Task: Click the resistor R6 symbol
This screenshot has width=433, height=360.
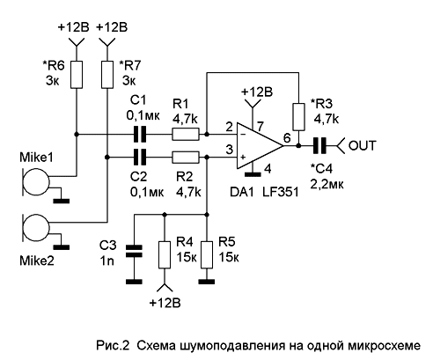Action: pos(77,75)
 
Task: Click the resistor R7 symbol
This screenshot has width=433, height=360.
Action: pos(107,75)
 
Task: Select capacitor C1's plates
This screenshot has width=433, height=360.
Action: pos(140,135)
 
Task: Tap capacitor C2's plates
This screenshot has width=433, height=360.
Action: pos(140,158)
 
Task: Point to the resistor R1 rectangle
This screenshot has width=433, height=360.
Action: pos(186,135)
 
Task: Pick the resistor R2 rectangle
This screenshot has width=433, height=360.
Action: pos(186,158)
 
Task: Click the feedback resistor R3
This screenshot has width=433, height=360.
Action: pos(298,117)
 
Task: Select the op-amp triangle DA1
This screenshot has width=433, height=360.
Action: pos(260,146)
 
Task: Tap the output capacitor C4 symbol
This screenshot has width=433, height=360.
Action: pos(319,146)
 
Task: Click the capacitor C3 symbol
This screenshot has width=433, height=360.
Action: pos(134,251)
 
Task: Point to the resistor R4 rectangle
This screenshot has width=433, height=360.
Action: pos(165,255)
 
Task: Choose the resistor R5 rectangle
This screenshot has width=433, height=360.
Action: pos(207,255)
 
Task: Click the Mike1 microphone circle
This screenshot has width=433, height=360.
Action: pos(36,182)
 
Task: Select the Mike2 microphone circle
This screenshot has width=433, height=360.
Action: pos(36,228)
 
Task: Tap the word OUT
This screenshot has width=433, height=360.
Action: pos(363,146)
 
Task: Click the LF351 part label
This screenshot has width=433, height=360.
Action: pos(280,192)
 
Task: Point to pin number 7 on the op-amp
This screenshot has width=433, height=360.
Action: pos(261,127)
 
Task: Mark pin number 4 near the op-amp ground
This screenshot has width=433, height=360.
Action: pos(268,169)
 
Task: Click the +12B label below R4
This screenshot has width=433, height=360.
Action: pos(165,303)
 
